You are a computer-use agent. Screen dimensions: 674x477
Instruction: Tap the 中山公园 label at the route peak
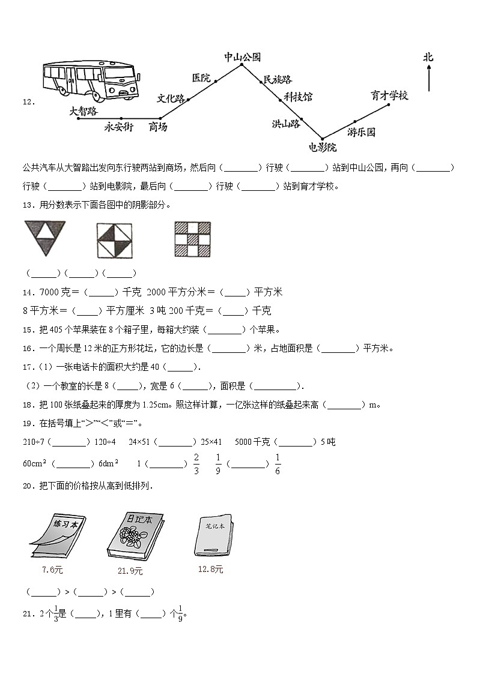tap(242, 57)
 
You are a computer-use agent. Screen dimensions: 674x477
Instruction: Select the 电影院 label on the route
tap(322, 148)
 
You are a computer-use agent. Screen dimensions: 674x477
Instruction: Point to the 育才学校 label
tap(389, 95)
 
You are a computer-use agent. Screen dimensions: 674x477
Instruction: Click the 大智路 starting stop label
tap(83, 110)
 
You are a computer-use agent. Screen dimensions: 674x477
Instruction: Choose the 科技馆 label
tap(298, 97)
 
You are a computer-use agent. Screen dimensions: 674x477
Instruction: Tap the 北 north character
tap(428, 58)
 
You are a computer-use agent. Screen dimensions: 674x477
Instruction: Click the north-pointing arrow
tap(429, 78)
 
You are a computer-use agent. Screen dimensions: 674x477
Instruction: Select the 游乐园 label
tap(361, 131)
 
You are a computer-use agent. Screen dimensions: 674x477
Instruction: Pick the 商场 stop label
tap(157, 127)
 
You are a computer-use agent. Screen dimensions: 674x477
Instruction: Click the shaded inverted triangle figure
tap(44, 238)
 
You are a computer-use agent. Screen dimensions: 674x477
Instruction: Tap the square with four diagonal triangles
tap(114, 240)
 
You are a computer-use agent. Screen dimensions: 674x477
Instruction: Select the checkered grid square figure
tap(192, 239)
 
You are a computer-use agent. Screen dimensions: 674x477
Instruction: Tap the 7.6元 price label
tap(52, 570)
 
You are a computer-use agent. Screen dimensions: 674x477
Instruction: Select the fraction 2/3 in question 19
tap(196, 464)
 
